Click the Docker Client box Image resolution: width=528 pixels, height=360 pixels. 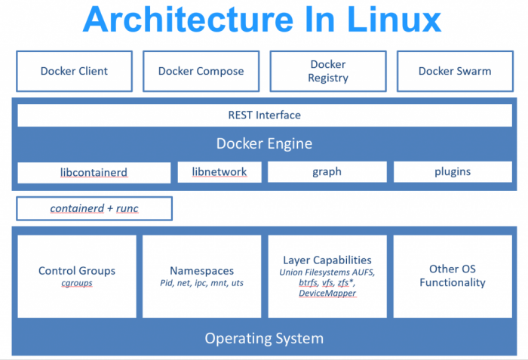pos(74,71)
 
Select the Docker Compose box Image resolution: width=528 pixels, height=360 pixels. pos(201,71)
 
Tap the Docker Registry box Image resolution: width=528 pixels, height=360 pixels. pos(328,71)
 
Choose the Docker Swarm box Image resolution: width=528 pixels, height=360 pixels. pos(455,71)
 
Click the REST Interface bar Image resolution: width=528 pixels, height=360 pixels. pos(264,115)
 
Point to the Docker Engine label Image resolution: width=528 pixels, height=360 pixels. pos(264,143)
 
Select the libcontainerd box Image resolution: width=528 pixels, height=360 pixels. pos(94,172)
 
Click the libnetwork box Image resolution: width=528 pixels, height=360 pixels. pos(219,171)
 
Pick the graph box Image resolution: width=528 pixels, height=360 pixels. pos(327,171)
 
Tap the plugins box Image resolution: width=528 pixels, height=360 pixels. pos(453,171)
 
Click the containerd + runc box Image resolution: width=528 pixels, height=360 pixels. pos(94,208)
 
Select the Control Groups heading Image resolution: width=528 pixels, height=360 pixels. pos(77,270)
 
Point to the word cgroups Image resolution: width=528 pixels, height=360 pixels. pos(76,283)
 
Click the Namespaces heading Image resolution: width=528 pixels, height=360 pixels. pos(201,270)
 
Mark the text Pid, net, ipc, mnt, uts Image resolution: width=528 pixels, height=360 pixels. pos(201,283)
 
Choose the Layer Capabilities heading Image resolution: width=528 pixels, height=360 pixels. pos(327,260)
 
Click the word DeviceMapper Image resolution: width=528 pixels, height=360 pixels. pos(327,293)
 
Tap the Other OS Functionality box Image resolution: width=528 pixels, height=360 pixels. pos(453,275)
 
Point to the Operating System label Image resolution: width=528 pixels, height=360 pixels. pos(264,338)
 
